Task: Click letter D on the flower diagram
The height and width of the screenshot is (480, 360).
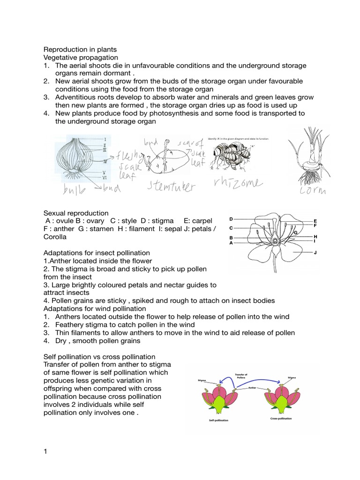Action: click(x=231, y=219)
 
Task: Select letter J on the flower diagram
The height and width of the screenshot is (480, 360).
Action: click(x=315, y=252)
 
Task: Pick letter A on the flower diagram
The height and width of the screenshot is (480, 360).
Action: click(x=231, y=243)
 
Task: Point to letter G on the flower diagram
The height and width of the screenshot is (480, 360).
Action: click(x=296, y=232)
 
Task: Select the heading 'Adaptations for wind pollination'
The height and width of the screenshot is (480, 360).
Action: click(x=95, y=308)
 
